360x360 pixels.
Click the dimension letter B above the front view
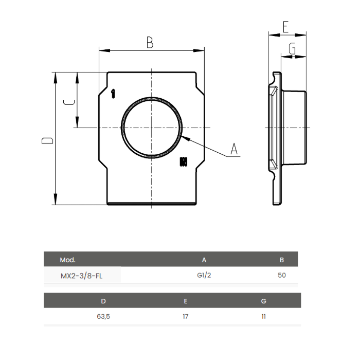click(x=150, y=42)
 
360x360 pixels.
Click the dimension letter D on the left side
click(x=47, y=140)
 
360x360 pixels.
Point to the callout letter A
click(x=234, y=149)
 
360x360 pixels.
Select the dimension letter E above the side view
click(x=285, y=28)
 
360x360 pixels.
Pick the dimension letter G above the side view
click(x=292, y=49)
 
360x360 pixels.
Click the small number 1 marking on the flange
click(x=113, y=93)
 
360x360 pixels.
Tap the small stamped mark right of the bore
click(x=183, y=162)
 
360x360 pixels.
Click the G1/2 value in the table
click(x=204, y=275)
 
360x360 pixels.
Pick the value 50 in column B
click(x=281, y=275)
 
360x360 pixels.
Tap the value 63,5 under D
click(x=103, y=316)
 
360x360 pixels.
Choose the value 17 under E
click(x=185, y=316)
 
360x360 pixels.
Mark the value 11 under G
click(x=264, y=316)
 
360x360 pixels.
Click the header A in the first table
click(x=204, y=260)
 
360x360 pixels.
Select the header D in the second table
click(x=103, y=301)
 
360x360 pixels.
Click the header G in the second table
click(x=264, y=301)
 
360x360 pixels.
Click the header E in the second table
click(x=185, y=301)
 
